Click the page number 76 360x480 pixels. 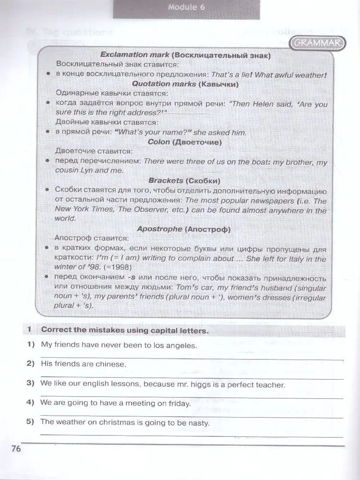[x=16, y=449]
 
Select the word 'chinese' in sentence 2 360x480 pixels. [x=110, y=364]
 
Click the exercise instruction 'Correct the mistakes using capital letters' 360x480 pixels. [x=125, y=330]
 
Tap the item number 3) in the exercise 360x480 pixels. [x=32, y=384]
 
